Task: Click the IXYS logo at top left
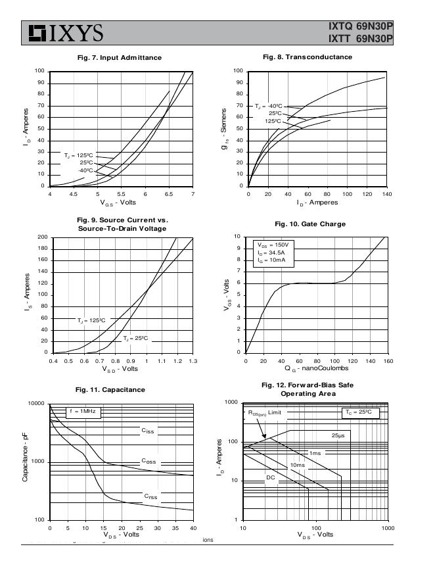pyautogui.click(x=64, y=32)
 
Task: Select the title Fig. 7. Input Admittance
pyautogui.click(x=119, y=58)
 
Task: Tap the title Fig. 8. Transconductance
pyautogui.click(x=307, y=57)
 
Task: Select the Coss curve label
pyautogui.click(x=149, y=461)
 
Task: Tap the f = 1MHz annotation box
pyautogui.click(x=82, y=412)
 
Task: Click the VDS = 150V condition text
pyautogui.click(x=273, y=245)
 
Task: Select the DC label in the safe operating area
pyautogui.click(x=270, y=477)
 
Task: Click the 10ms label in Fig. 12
pyautogui.click(x=297, y=465)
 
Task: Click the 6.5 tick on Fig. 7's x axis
pyautogui.click(x=169, y=194)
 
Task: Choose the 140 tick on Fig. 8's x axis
pyautogui.click(x=387, y=194)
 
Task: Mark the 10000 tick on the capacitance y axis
pyautogui.click(x=36, y=404)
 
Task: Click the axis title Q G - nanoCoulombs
pyautogui.click(x=315, y=369)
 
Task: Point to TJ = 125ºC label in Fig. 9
pyautogui.click(x=91, y=320)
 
